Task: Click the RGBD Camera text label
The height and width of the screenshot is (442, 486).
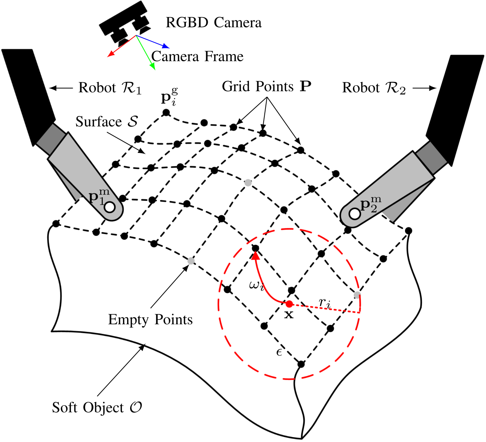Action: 213,23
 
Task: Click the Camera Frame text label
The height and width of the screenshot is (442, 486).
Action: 197,57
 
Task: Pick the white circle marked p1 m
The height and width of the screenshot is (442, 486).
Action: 110,207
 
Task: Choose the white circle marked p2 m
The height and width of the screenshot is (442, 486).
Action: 354,214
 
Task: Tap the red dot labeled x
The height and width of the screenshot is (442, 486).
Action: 289,304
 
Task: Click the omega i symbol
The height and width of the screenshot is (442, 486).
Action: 256,285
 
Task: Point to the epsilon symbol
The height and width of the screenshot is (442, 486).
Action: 279,352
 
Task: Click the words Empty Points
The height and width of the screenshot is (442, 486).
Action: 150,320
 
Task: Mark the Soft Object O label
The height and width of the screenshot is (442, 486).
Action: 97,407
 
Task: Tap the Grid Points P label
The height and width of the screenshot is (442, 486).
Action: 267,87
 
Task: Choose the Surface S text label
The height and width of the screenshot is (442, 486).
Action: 107,122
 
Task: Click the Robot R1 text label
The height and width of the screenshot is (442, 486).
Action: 110,88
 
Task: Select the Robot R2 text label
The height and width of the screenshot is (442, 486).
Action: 374,88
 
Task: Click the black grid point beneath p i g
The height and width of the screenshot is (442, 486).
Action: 166,112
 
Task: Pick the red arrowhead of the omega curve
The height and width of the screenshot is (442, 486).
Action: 256,255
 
